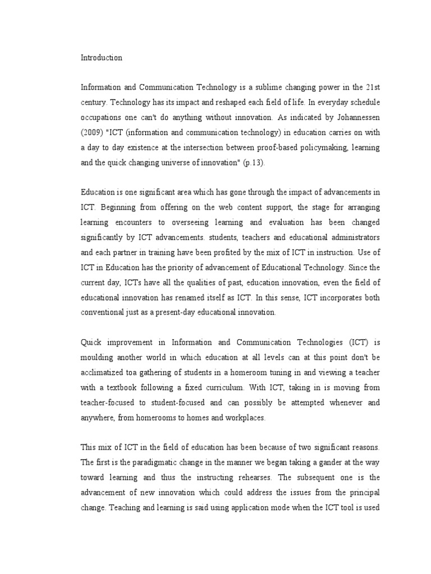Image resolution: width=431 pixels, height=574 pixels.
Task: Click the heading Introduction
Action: pyautogui.click(x=102, y=58)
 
